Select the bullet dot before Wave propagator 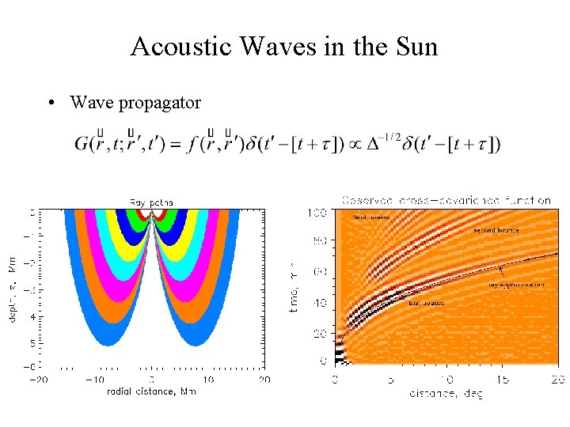pos(51,103)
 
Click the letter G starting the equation pos(83,145)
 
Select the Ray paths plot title pos(151,202)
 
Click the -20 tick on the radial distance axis pos(38,380)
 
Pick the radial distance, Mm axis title pos(150,391)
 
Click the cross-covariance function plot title pos(446,201)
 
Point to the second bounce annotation pos(496,230)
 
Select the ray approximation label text pos(515,283)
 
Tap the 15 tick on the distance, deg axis pos(502,380)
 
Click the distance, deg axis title pos(445,393)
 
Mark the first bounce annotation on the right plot pos(426,302)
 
